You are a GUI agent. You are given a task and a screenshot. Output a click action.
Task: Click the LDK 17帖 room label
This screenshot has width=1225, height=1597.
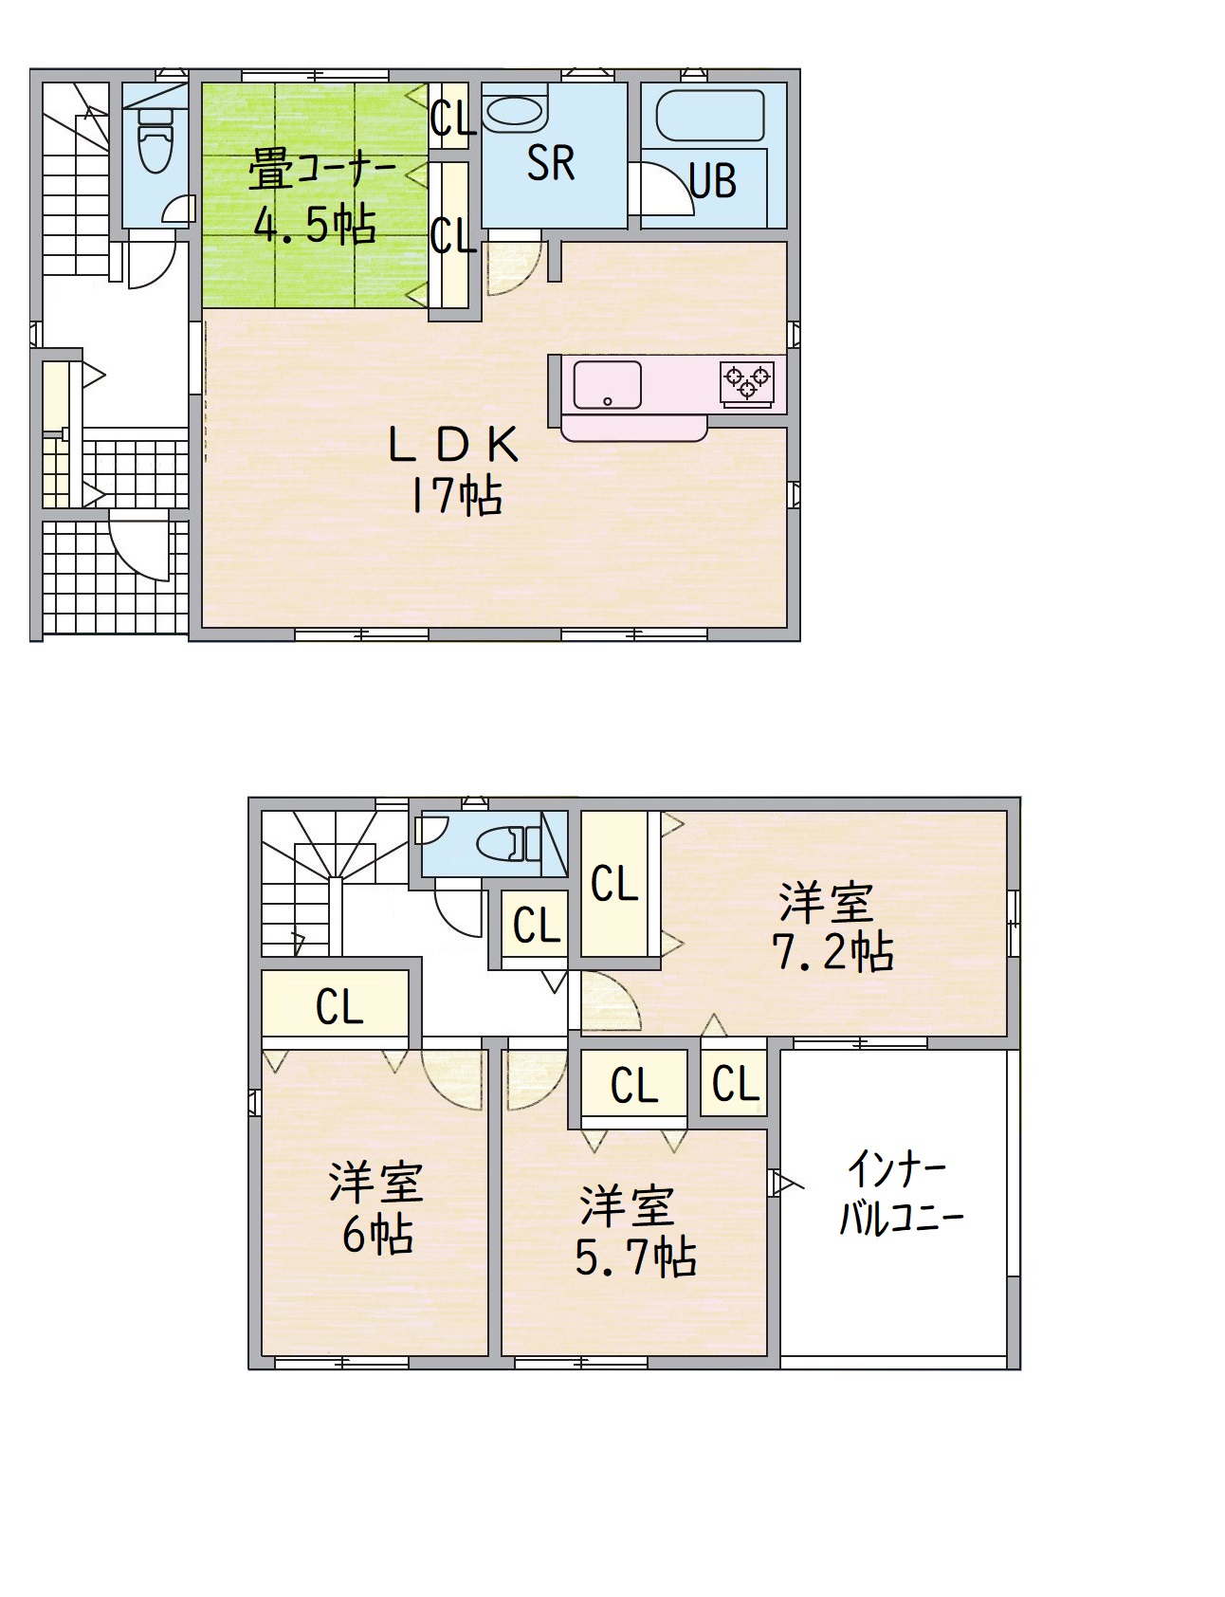click(454, 469)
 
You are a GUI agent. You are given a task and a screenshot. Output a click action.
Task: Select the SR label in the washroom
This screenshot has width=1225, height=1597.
click(550, 163)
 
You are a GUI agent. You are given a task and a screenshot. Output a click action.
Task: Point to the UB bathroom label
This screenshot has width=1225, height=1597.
click(713, 180)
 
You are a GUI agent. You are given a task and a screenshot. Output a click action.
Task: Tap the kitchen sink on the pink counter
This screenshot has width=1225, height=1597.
click(607, 385)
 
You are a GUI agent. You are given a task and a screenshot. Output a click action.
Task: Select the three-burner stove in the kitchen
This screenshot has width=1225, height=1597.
click(748, 381)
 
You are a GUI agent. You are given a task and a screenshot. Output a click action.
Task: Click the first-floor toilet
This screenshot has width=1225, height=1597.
click(155, 138)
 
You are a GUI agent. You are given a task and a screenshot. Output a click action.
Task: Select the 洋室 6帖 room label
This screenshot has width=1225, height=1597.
click(376, 1208)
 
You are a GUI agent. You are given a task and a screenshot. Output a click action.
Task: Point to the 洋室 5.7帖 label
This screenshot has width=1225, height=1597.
click(634, 1231)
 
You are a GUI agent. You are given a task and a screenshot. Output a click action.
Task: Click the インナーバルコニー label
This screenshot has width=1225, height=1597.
click(900, 1193)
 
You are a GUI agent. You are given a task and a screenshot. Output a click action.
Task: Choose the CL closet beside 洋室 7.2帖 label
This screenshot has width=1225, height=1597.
click(614, 884)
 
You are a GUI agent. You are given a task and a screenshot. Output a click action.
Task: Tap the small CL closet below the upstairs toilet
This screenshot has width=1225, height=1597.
click(536, 926)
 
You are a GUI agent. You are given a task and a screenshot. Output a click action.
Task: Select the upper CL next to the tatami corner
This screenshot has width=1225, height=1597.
click(452, 117)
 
